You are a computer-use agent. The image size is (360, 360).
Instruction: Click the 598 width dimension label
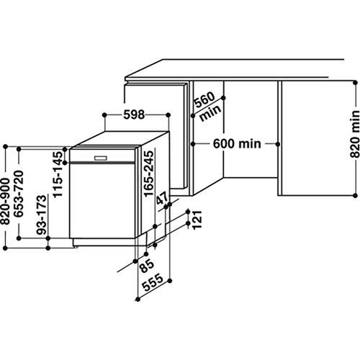tap(134, 114)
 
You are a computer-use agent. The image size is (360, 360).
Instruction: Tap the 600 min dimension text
tap(237, 144)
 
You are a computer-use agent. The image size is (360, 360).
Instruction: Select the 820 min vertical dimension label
tap(355, 134)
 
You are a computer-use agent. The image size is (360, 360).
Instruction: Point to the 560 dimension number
tap(204, 99)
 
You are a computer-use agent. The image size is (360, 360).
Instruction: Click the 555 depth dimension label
tap(153, 282)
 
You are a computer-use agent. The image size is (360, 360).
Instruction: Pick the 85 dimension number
tap(147, 266)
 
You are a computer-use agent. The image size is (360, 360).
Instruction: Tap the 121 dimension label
tap(197, 220)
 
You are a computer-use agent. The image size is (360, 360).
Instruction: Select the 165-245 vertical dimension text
tap(148, 174)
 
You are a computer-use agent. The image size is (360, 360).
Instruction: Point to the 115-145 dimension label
tap(58, 174)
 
